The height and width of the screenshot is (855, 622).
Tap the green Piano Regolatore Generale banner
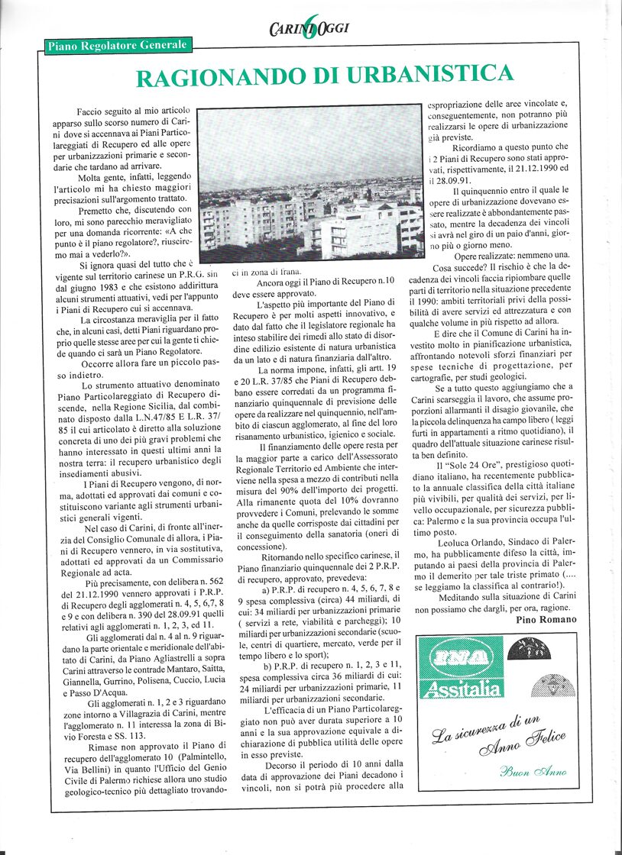117,46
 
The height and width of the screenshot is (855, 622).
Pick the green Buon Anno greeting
533,771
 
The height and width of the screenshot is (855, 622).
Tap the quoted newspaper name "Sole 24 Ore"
478,465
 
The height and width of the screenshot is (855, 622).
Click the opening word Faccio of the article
93,112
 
